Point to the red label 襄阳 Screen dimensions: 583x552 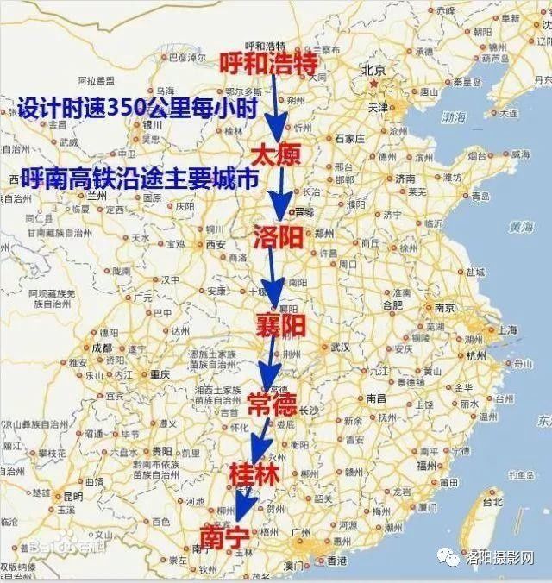(x=279, y=325)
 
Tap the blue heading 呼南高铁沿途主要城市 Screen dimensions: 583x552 (x=140, y=178)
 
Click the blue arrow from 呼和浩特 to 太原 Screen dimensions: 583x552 (x=273, y=108)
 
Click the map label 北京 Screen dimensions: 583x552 (x=373, y=71)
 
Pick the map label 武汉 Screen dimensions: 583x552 (x=339, y=347)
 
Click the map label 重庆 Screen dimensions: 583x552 (x=161, y=374)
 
